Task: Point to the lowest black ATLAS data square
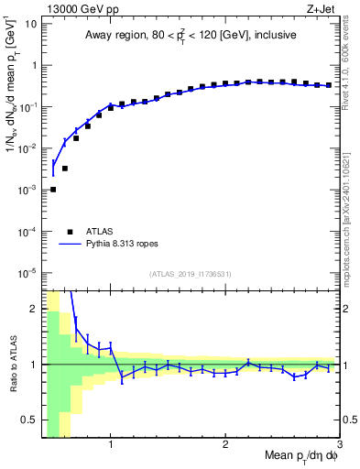(53, 190)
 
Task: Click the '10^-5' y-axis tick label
(27, 272)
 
